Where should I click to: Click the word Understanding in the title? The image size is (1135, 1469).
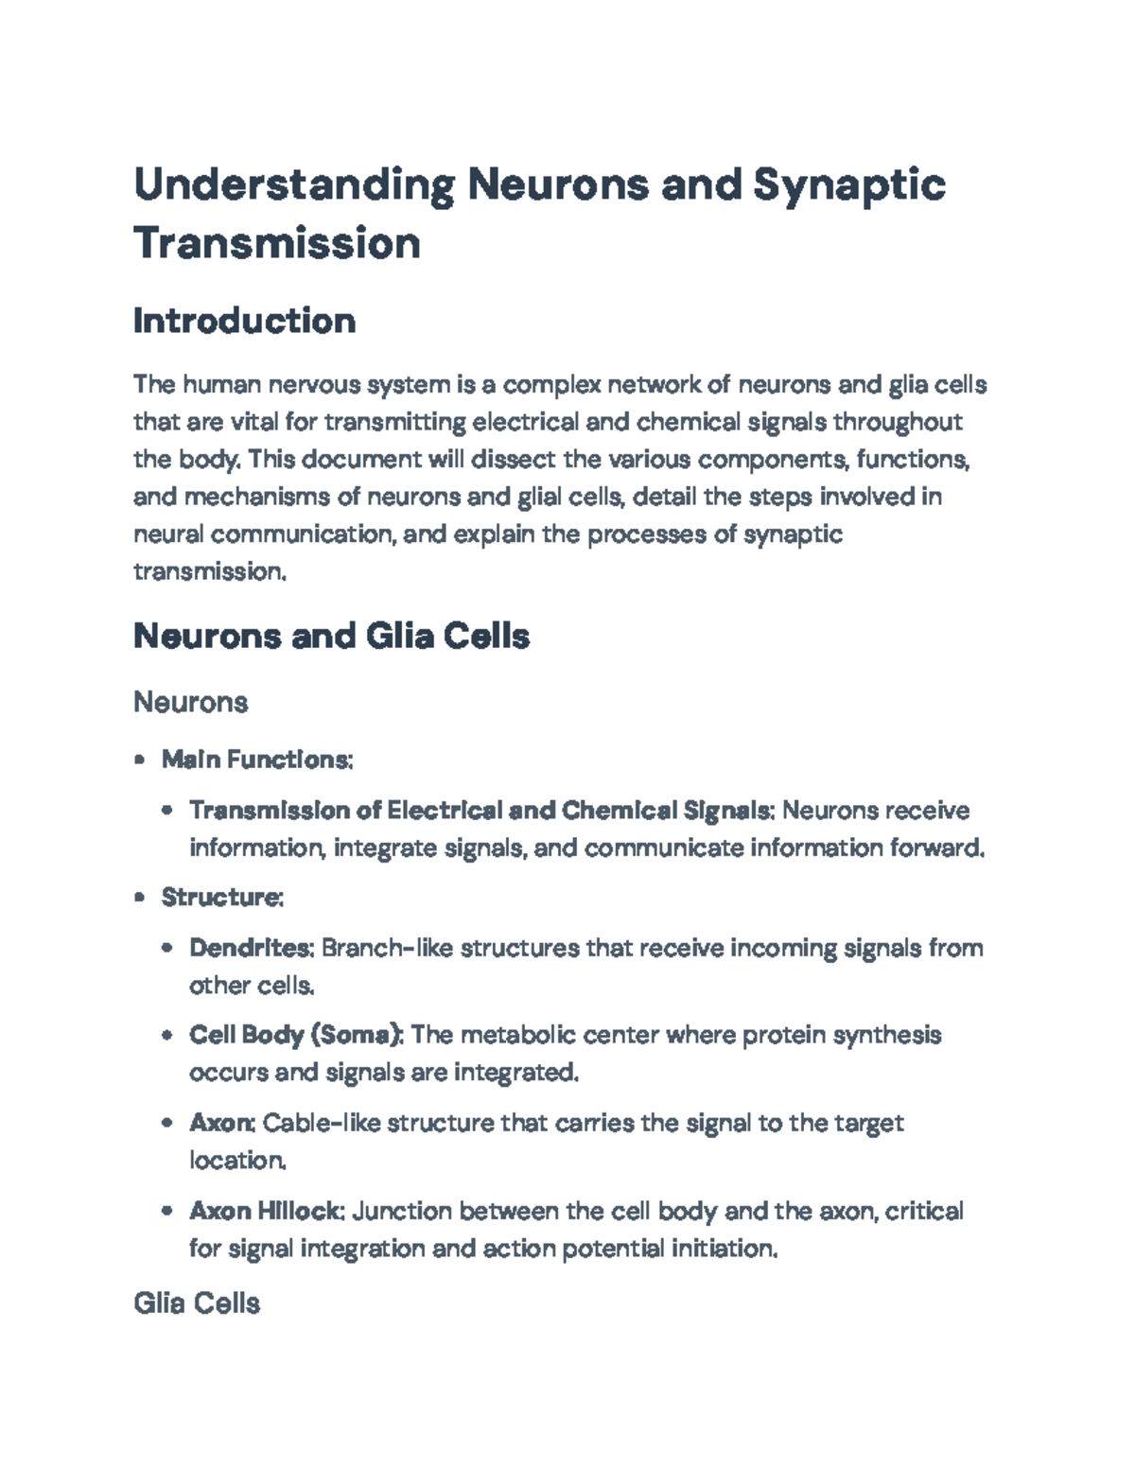tap(293, 184)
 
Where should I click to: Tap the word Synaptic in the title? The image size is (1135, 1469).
tap(848, 184)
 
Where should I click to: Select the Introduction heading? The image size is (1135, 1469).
tap(244, 321)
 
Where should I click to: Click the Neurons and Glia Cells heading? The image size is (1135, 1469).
tap(331, 636)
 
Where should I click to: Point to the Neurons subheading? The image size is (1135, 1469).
tap(190, 702)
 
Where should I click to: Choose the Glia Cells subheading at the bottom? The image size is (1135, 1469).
tap(197, 1303)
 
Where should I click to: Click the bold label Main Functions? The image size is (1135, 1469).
tap(256, 760)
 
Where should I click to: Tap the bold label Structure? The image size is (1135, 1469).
tap(221, 897)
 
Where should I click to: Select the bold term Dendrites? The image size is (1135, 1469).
tap(251, 948)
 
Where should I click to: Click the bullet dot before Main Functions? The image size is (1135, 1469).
tap(140, 760)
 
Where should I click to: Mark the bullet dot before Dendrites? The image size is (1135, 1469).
tap(167, 948)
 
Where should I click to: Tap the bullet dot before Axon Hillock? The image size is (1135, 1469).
tap(167, 1211)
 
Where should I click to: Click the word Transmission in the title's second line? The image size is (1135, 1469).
tap(277, 243)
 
